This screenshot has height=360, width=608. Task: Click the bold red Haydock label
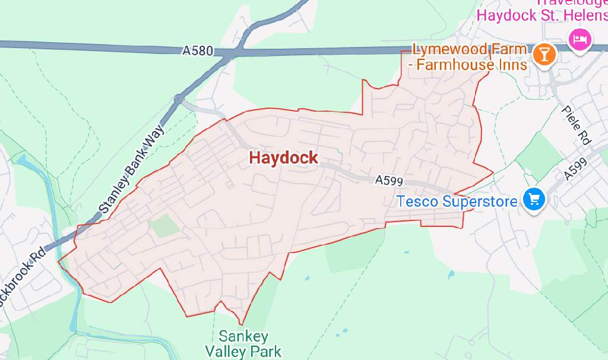(283, 158)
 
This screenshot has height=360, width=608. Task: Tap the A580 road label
(197, 52)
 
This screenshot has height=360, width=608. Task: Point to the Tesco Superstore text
(457, 201)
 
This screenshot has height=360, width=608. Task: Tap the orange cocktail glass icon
(544, 55)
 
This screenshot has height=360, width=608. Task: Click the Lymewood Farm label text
(470, 49)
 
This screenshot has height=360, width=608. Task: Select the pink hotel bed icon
(578, 39)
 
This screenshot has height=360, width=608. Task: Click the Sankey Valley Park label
(243, 343)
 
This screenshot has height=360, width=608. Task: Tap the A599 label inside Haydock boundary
(389, 180)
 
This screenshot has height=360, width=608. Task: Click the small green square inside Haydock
(163, 226)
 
